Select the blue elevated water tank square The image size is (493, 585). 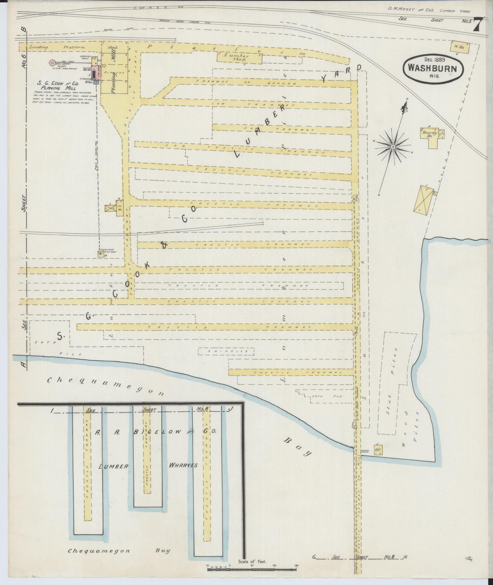(x=96, y=82)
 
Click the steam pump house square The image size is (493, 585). (x=100, y=254)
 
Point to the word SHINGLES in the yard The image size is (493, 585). (x=226, y=351)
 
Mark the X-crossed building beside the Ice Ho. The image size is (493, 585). (x=109, y=208)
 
